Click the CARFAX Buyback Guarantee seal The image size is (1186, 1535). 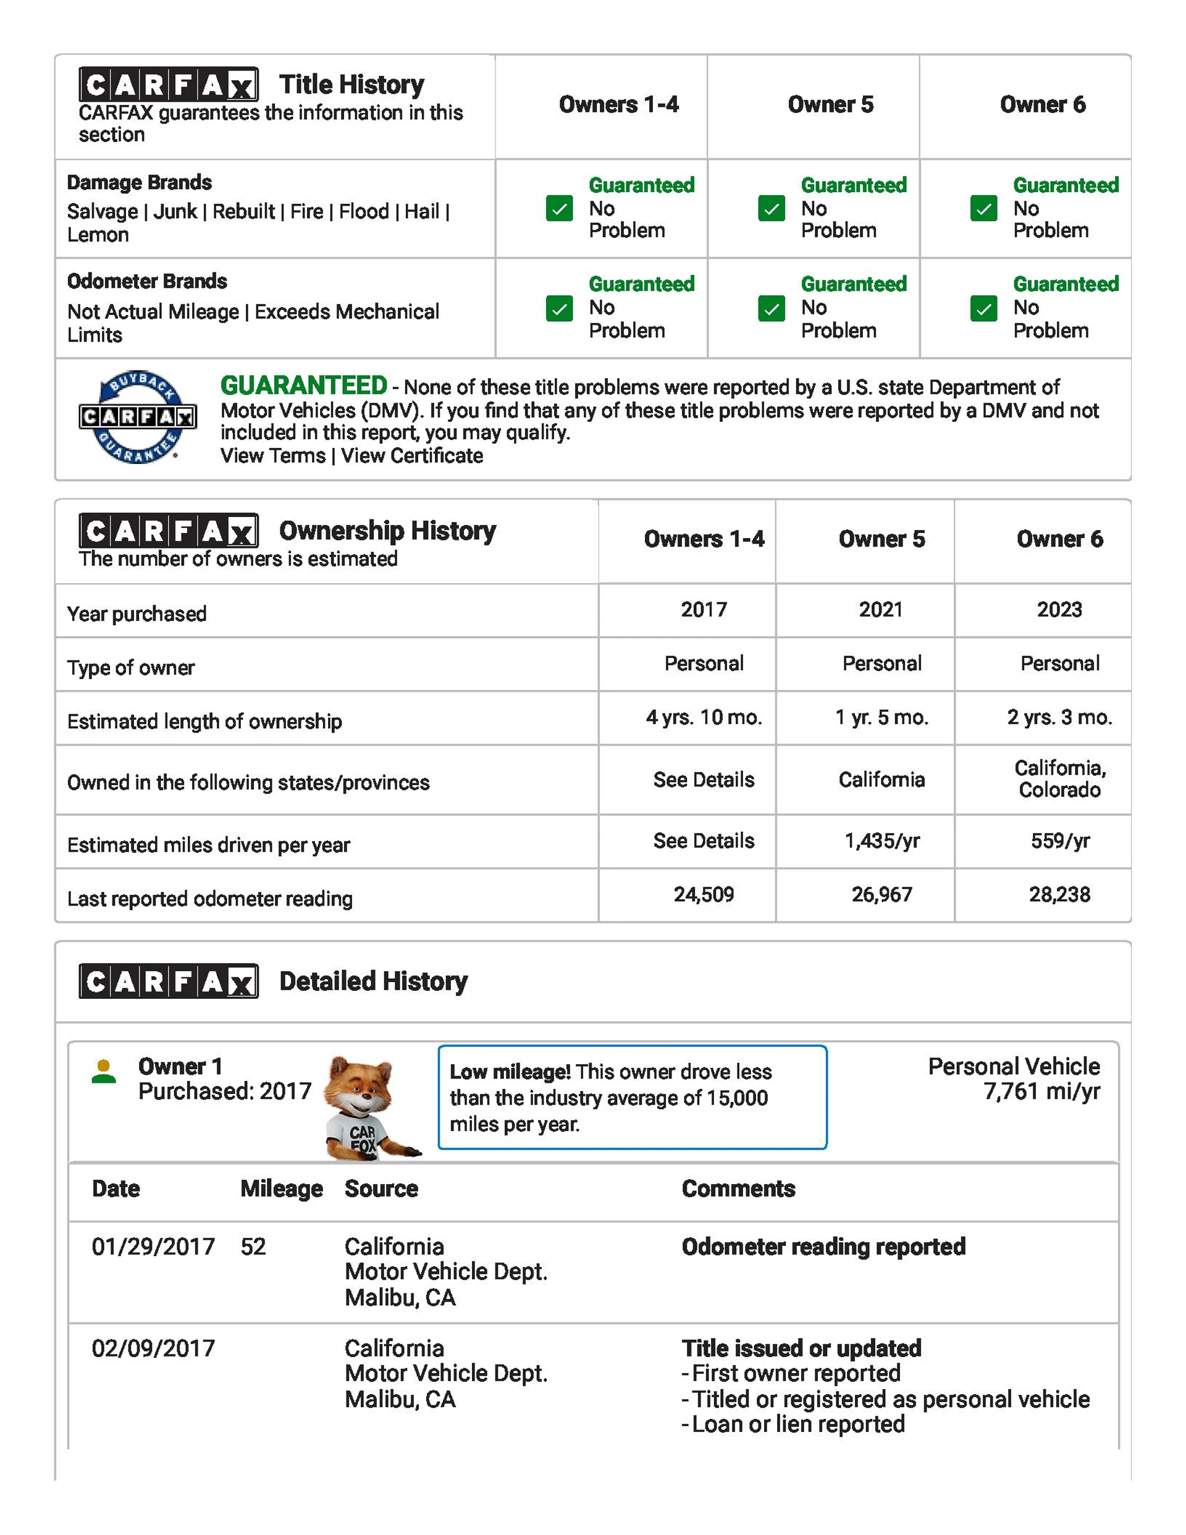[x=138, y=417]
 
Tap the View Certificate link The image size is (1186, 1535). [x=412, y=455]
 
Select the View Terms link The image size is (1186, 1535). [x=273, y=455]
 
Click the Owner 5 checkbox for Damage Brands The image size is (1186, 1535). [x=772, y=208]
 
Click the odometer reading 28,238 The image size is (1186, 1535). [x=1059, y=894]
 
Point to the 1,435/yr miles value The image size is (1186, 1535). [x=881, y=841]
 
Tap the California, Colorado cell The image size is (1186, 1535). [x=1059, y=779]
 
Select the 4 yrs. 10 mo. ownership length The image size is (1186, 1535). [x=704, y=717]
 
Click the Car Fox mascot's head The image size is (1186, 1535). [x=360, y=1085]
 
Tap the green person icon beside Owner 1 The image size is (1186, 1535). [x=104, y=1072]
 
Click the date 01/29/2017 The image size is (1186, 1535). [x=153, y=1247]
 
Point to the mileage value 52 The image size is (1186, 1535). [x=253, y=1247]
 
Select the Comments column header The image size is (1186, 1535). [x=738, y=1188]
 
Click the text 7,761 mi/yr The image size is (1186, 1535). [x=1041, y=1091]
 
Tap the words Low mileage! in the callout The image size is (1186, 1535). [x=510, y=1072]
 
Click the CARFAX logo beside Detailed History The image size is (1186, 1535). [x=169, y=981]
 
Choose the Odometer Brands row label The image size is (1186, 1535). [x=147, y=281]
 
